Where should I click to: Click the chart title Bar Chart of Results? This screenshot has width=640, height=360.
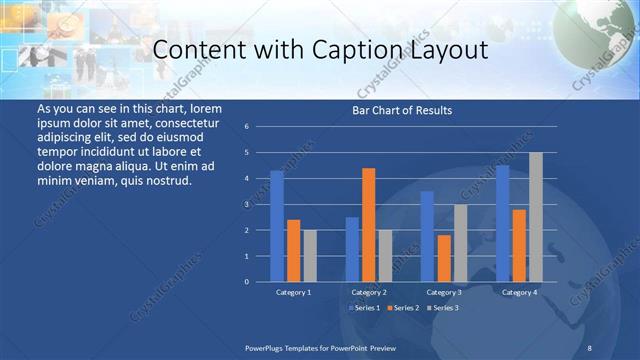coord(401,110)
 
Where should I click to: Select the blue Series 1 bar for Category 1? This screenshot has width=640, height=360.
coord(277,226)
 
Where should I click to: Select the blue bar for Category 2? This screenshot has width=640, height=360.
coord(352,249)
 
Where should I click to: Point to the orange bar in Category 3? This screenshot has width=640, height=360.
coord(443,258)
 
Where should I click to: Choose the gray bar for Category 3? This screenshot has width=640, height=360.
coord(459,243)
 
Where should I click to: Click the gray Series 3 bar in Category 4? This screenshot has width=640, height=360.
coord(535,217)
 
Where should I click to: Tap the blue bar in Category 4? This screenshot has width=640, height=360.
coord(502,223)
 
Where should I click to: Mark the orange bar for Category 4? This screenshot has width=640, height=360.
coord(518,245)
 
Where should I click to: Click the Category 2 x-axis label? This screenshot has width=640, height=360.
coord(369,292)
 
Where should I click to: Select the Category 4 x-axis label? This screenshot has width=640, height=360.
coord(518,292)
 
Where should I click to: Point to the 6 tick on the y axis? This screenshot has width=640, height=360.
coord(260,127)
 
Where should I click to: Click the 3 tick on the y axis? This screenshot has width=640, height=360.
coord(260,204)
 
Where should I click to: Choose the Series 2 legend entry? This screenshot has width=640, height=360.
coord(403,307)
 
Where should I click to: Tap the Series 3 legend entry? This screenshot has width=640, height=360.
coord(443,307)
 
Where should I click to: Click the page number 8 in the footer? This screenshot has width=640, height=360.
coord(589,346)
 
